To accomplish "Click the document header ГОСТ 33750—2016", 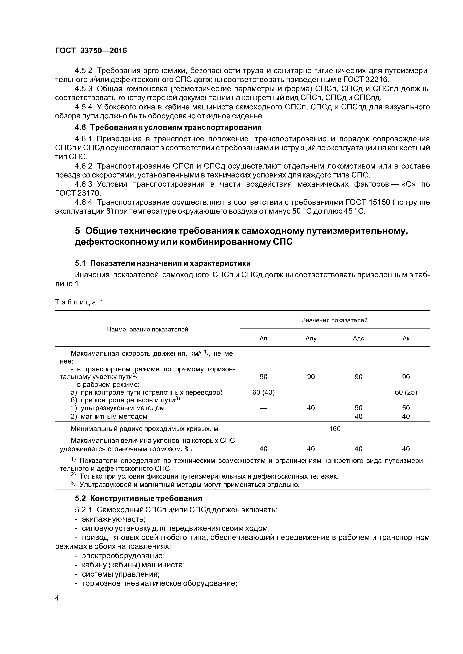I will click(91, 51).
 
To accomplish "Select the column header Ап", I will click(263, 338).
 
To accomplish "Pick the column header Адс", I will click(358, 338).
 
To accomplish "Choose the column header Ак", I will click(406, 338).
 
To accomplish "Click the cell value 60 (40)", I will click(263, 392).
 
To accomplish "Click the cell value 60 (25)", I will click(406, 392).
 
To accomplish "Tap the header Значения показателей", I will click(335, 320).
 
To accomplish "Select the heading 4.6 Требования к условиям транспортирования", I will click(168, 127).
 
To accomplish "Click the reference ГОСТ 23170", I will click(78, 193).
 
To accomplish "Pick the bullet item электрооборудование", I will click(123, 555).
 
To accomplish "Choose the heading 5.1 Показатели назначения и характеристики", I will click(163, 263).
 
